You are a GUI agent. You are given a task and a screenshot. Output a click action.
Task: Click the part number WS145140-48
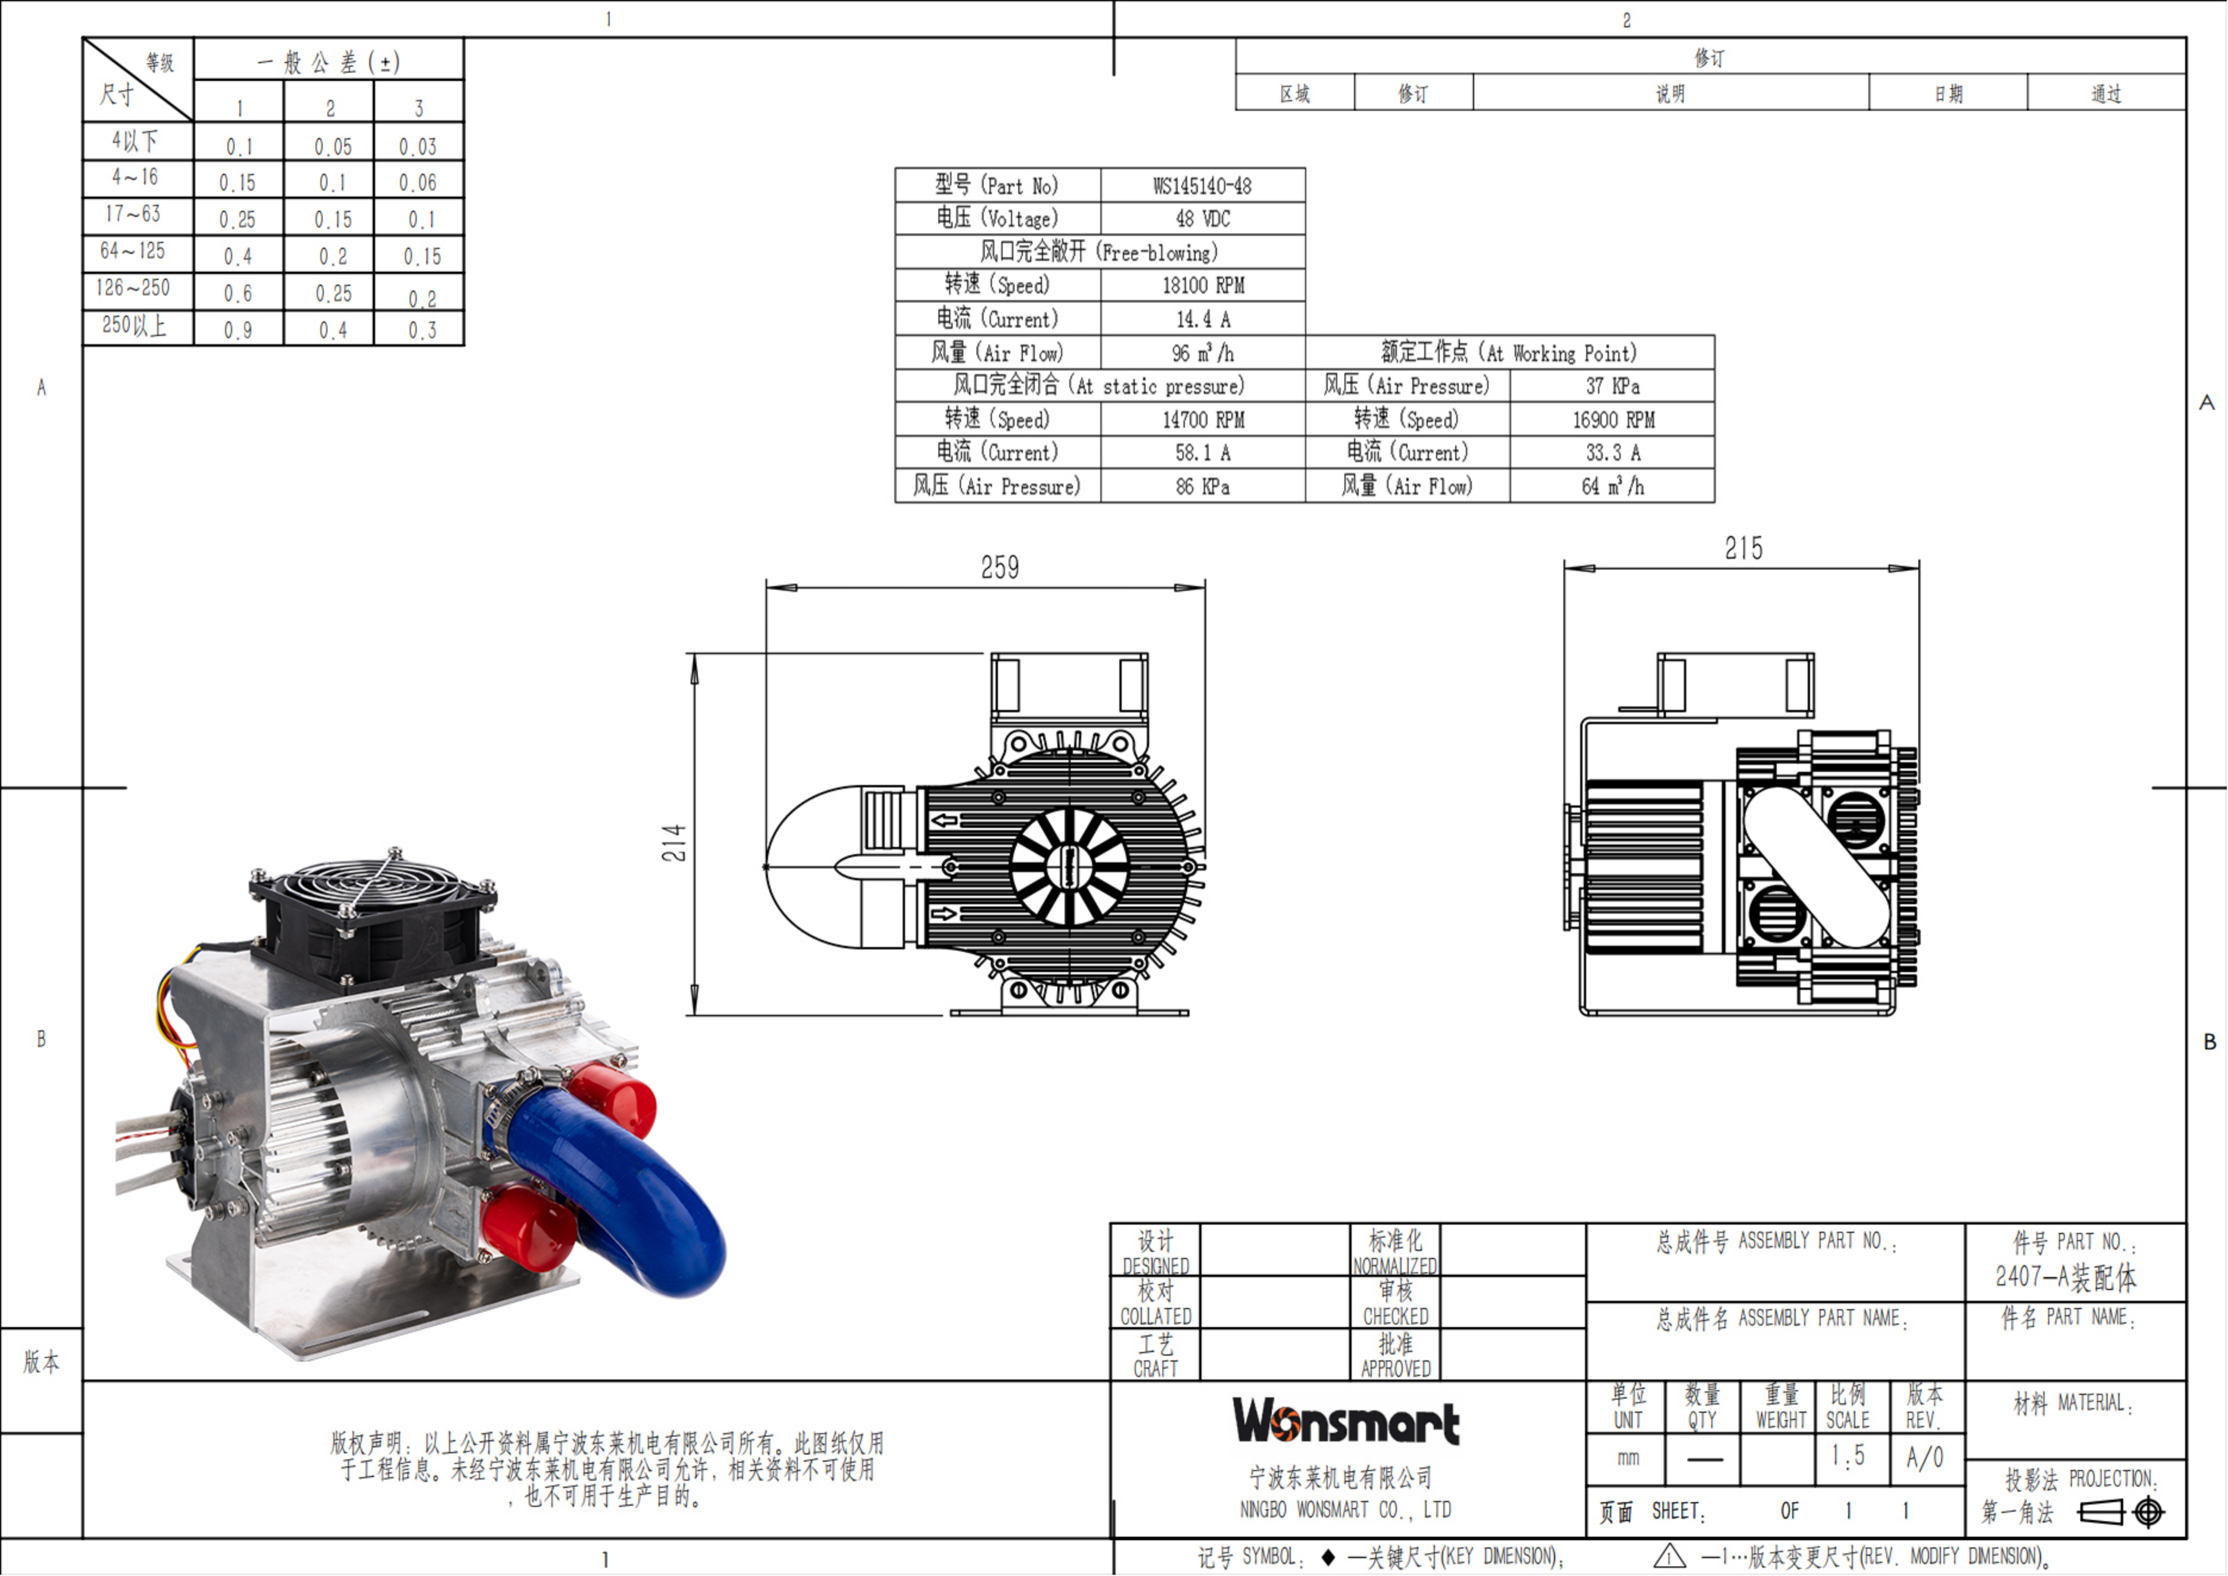click(x=1202, y=185)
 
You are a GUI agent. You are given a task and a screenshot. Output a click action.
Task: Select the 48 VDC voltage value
click(x=1202, y=219)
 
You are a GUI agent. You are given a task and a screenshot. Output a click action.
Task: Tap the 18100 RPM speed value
click(x=1202, y=285)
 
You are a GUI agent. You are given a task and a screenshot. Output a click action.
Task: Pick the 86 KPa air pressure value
click(x=1202, y=486)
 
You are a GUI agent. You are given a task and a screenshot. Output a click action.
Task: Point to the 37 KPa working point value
click(x=1612, y=386)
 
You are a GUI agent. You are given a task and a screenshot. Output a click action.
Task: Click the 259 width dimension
click(x=1000, y=568)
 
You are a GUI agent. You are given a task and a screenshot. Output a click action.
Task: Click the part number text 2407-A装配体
click(x=2065, y=1277)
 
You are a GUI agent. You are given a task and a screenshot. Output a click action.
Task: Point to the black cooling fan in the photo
click(x=373, y=912)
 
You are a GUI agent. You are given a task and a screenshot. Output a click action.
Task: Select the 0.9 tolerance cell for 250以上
click(x=238, y=330)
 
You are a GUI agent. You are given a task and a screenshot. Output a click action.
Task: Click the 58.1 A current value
click(x=1202, y=452)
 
